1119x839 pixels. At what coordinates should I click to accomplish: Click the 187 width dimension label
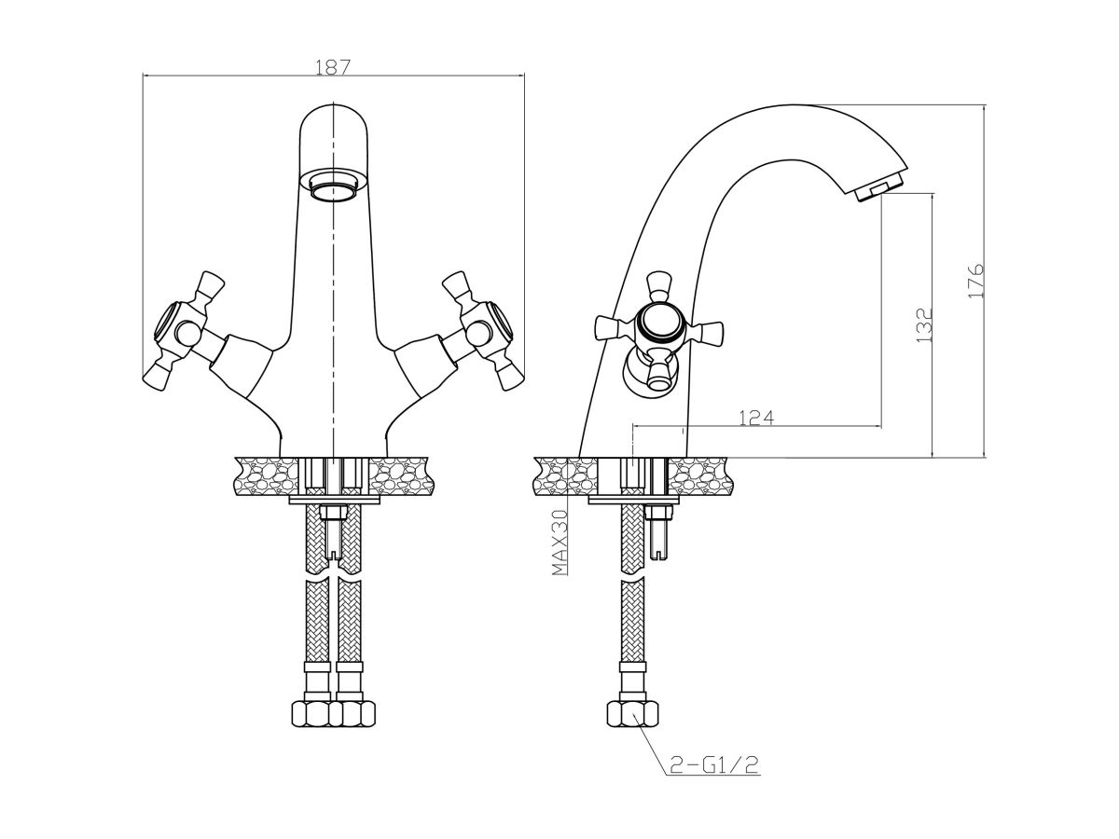point(333,67)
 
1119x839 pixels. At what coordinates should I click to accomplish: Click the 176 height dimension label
point(975,282)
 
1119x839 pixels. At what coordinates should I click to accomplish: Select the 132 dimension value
point(924,325)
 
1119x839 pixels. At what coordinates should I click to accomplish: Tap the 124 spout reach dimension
point(756,418)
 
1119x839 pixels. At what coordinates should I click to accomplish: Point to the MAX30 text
point(559,543)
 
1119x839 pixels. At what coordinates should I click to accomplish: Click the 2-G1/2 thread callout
point(714,779)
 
